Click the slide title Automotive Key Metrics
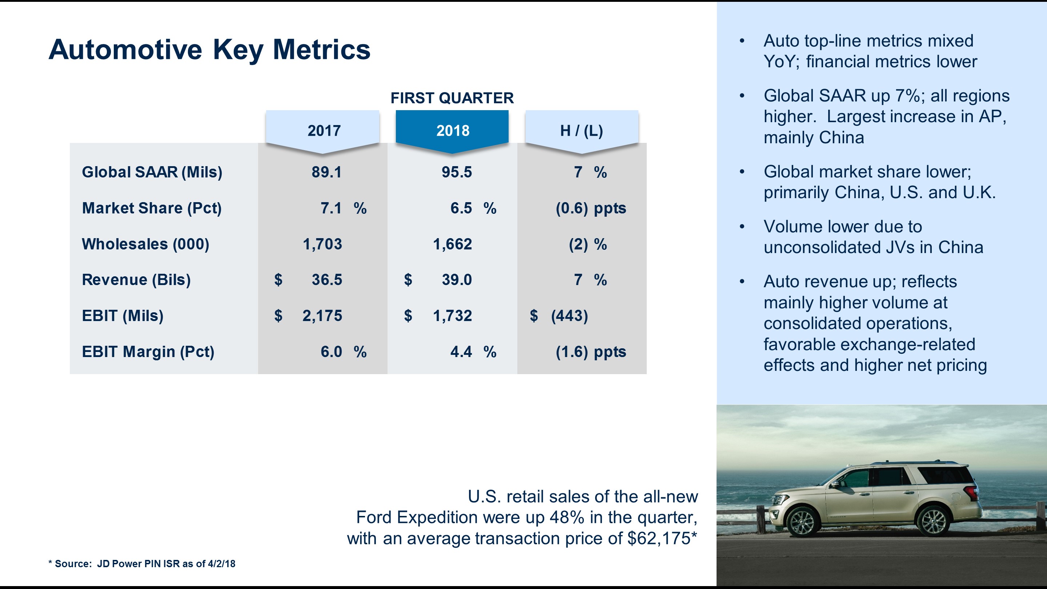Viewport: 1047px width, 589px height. tap(209, 49)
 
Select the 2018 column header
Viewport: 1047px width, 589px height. tap(452, 131)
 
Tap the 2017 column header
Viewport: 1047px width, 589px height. tap(324, 131)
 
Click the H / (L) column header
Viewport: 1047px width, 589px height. tap(581, 131)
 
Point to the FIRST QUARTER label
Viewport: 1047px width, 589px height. tap(452, 98)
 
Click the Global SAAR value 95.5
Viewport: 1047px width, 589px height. tap(457, 172)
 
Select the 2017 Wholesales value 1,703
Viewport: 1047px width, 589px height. tap(322, 244)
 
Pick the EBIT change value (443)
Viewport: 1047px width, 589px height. tap(569, 316)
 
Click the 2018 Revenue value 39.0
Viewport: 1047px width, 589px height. tap(457, 280)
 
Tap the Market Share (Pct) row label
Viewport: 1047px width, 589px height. tap(152, 208)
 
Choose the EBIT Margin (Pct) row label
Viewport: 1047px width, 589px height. tap(148, 352)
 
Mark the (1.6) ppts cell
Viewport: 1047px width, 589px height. tap(590, 352)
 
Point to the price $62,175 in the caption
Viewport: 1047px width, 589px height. tap(659, 538)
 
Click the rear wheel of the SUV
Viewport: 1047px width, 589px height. tap(934, 521)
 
